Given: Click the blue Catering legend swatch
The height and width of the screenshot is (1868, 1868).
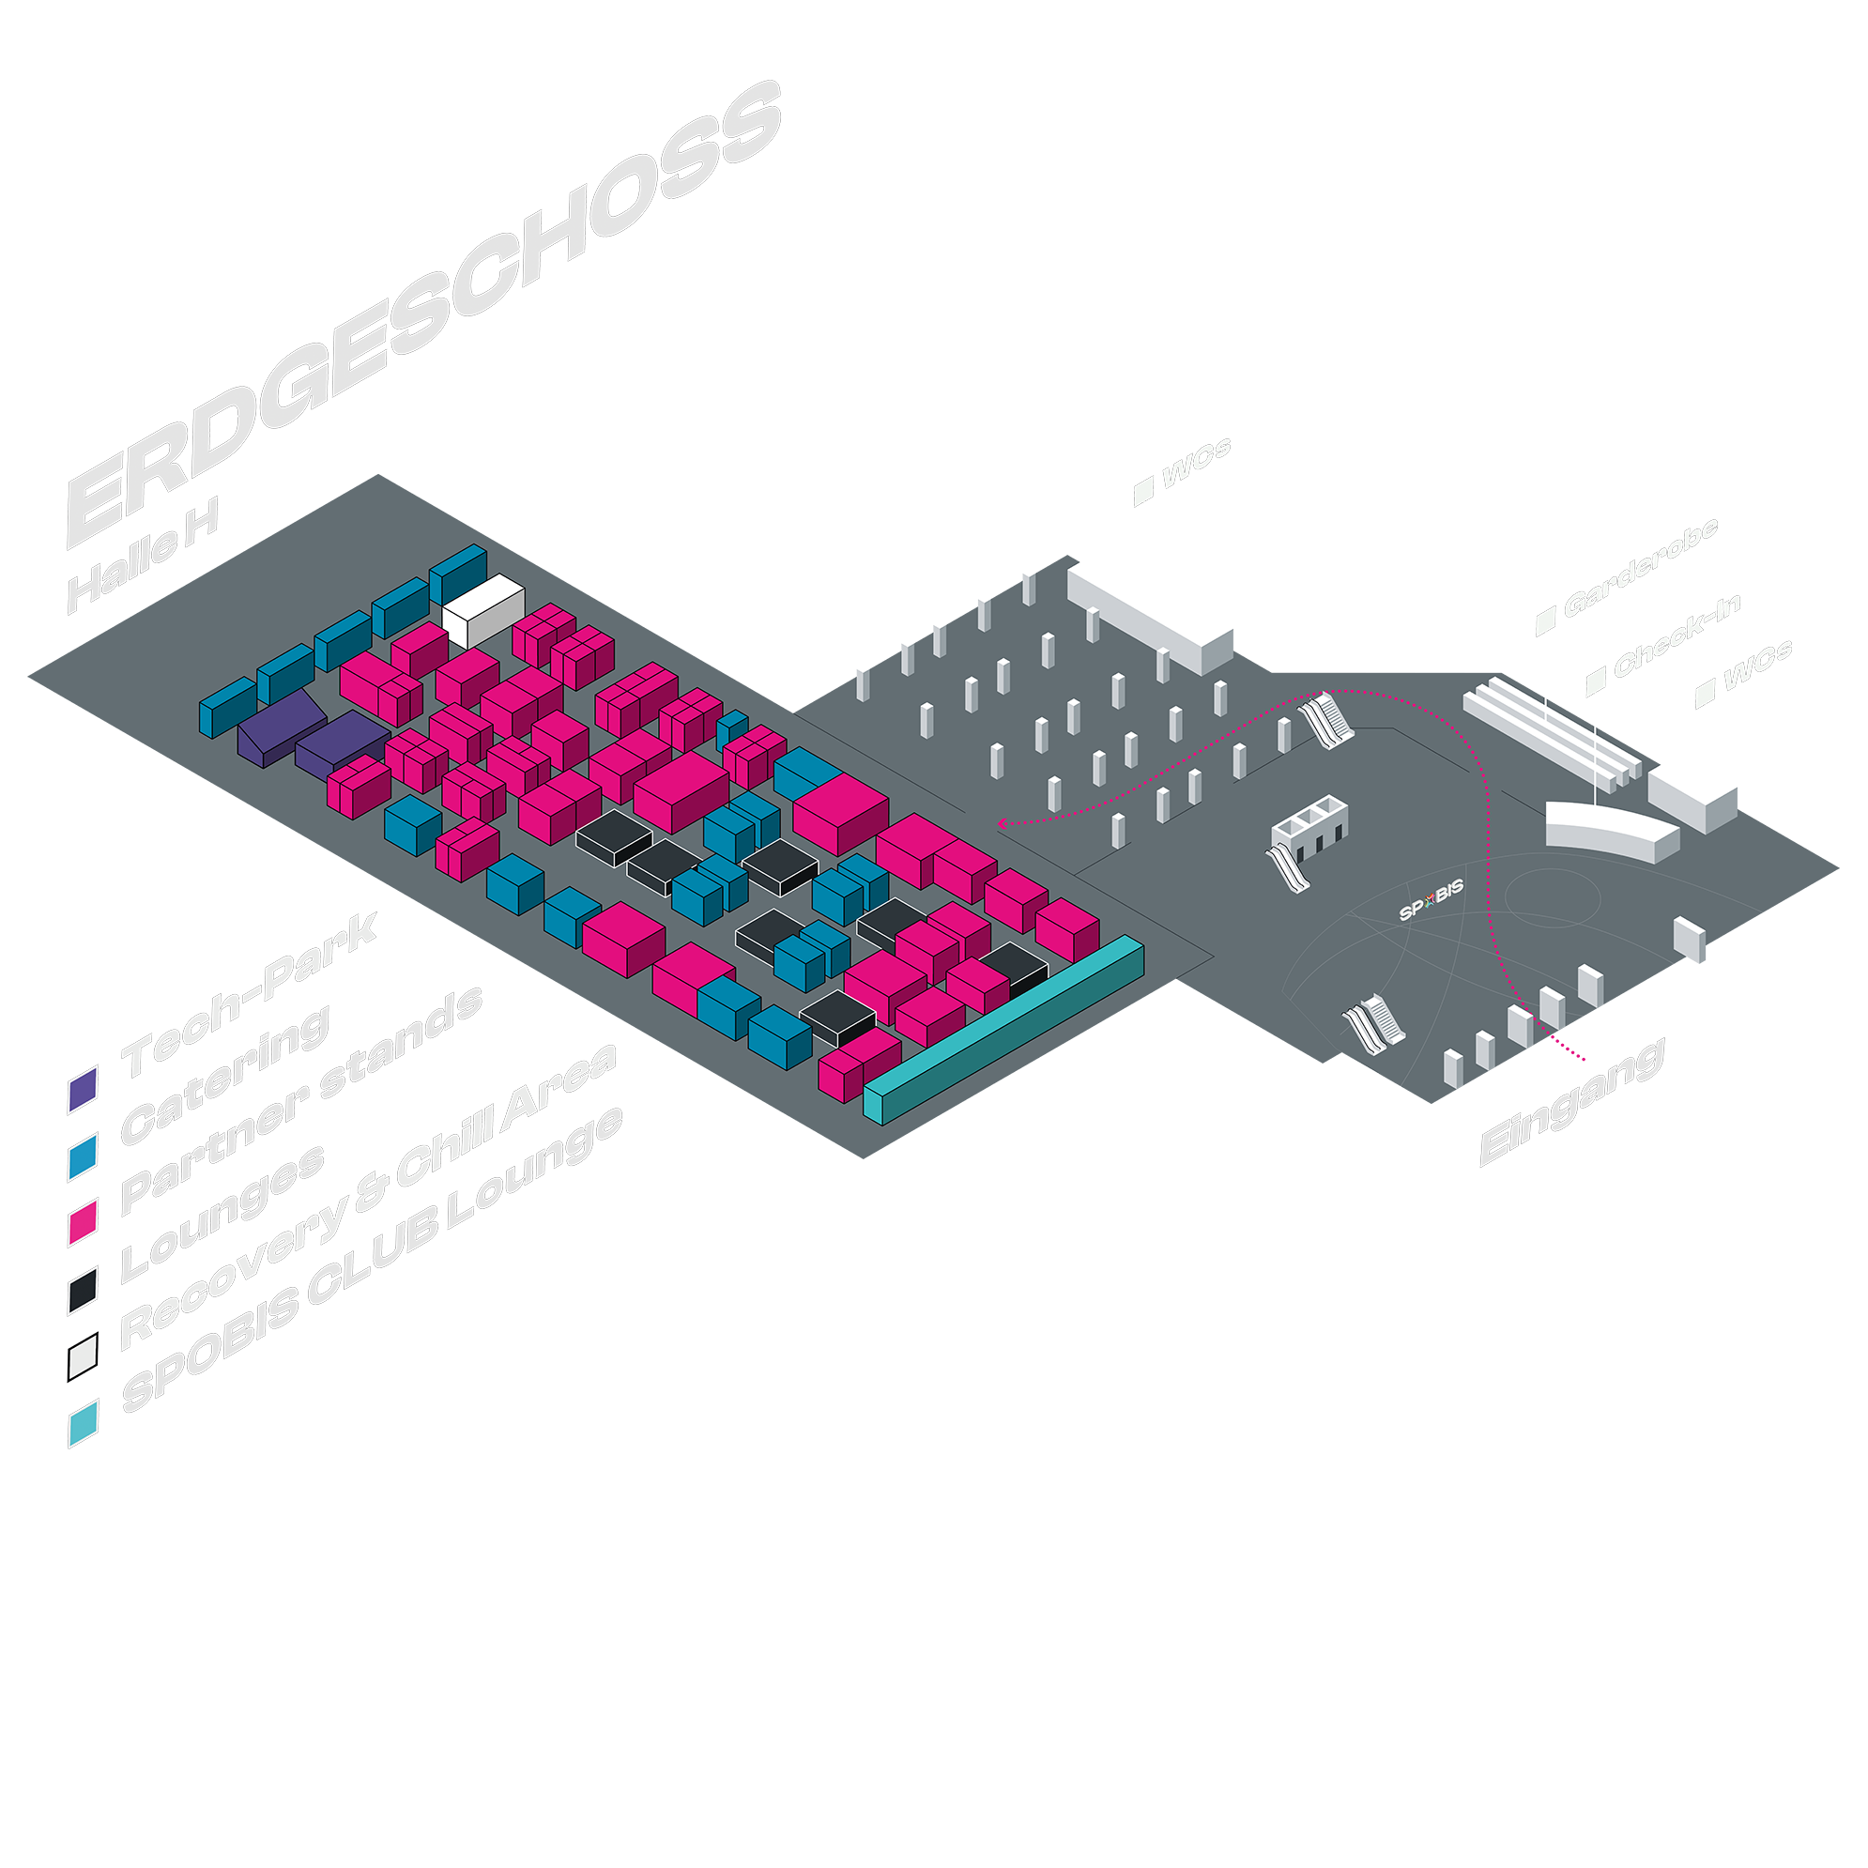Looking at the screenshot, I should click(84, 1156).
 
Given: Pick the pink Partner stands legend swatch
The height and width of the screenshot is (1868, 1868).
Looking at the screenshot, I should click(84, 1222).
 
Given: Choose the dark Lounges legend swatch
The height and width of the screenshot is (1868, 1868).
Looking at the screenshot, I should click(84, 1291).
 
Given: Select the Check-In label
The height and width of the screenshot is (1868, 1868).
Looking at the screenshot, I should click(1677, 636).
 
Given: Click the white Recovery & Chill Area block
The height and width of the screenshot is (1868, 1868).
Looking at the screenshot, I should click(482, 609).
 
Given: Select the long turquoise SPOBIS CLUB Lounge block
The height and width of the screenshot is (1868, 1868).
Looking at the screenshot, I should click(1005, 1030).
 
